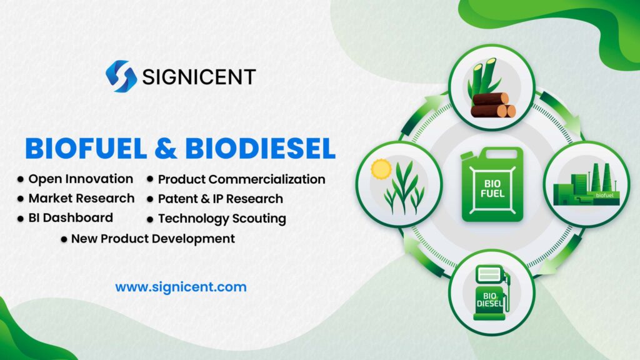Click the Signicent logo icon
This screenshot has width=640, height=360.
pos(121,76)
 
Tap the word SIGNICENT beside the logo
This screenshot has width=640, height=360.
pos(199,77)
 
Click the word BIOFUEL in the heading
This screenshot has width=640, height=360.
pos(86,148)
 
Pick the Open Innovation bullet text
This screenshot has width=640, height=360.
pos(81,179)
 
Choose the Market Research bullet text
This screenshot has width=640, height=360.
pos(81,198)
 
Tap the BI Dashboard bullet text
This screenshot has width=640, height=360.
pos(71,217)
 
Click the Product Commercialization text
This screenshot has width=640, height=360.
pos(241,179)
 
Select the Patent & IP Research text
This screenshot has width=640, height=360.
pos(220,199)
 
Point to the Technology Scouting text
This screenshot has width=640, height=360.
pos(222,218)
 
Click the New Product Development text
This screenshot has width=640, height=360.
pos(152,238)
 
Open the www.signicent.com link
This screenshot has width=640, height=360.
pos(181,287)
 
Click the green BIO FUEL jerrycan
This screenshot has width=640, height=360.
pos(491,185)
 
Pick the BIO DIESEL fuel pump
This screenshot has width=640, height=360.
pos(491,291)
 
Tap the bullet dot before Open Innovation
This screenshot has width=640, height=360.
pos(21,179)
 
